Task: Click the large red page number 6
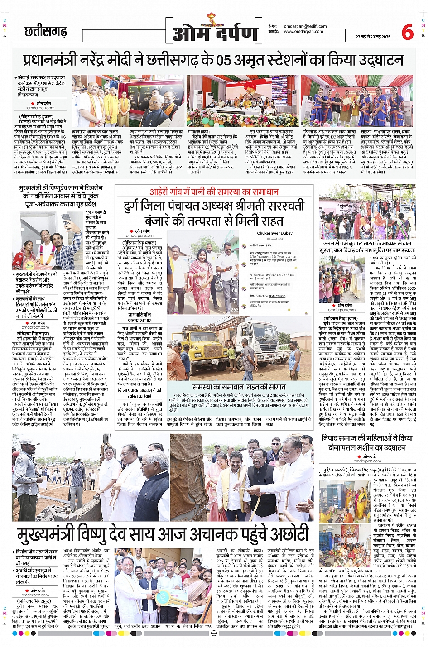pyautogui.click(x=408, y=32)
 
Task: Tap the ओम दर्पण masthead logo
pyautogui.click(x=215, y=32)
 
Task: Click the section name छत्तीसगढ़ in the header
pyautogui.click(x=46, y=32)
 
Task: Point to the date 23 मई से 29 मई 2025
pyautogui.click(x=373, y=37)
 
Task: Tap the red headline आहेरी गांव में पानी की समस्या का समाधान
pyautogui.click(x=214, y=192)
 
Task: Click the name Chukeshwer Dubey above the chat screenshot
pyautogui.click(x=274, y=233)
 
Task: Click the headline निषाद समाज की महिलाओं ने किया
pyautogui.click(x=367, y=438)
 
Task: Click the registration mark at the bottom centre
pyautogui.click(x=214, y=633)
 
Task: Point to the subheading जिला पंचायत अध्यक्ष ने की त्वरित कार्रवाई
pyautogui.click(x=139, y=393)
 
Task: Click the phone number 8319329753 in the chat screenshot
pyautogui.click(x=278, y=296)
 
